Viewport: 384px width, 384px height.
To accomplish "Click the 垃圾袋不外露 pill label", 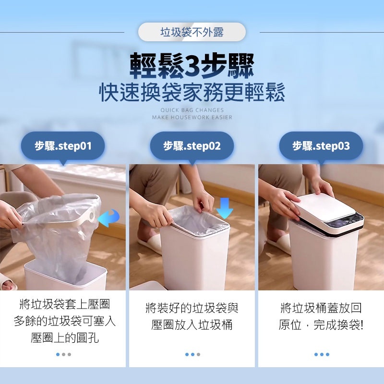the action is pos(192,32).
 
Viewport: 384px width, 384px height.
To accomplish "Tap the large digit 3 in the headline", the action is pos(192,66).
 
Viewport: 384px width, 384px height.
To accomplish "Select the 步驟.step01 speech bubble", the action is pos(63,147).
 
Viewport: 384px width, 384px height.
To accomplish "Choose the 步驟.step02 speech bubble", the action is pos(192,147).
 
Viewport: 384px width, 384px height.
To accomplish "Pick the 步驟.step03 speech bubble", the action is pos(321,147).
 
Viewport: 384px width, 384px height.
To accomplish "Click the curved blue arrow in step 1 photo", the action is pos(108,218).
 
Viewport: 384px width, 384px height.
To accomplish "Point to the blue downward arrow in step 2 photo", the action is pos(225,208).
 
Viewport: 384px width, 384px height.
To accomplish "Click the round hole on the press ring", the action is pos(92,216).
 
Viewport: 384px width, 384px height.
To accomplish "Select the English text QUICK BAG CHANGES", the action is pos(192,110).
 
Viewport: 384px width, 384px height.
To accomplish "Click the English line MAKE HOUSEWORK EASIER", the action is pos(192,117).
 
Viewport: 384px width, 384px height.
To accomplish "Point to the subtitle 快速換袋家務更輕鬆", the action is pos(192,92).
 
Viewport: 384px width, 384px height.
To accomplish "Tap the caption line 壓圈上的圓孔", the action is pos(65,338).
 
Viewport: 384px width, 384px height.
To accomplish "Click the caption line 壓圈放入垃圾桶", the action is pos(192,325).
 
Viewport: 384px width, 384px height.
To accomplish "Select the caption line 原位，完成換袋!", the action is pos(321,325).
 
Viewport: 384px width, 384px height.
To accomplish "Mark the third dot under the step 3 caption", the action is pos(327,354).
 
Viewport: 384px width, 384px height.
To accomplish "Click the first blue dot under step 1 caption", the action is pos(58,354).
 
